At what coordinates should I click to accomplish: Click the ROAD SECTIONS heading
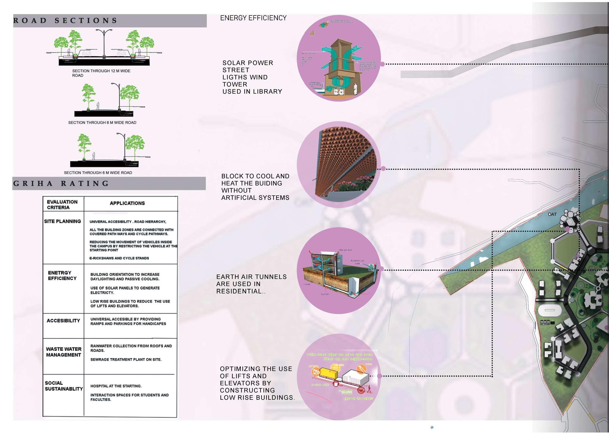pos(65,21)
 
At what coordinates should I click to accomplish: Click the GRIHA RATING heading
pos(61,184)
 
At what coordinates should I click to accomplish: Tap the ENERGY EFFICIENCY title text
pos(253,18)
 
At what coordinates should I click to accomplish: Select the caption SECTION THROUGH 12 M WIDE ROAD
pos(101,73)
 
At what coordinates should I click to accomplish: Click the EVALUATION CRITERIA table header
pos(62,205)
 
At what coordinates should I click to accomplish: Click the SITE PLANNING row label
pos(62,221)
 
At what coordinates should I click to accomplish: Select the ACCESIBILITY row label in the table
pos(63,321)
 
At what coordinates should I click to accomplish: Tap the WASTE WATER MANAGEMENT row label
pos(64,352)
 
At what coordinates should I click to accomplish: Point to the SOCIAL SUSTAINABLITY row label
pos(64,386)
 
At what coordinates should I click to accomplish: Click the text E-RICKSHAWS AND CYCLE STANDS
pos(119,258)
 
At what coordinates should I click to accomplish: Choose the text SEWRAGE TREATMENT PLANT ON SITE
pos(126,360)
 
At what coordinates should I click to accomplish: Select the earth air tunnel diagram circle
pos(339,270)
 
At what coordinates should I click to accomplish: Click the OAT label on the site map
pos(552,214)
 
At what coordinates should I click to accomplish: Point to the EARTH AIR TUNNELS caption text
pos(251,284)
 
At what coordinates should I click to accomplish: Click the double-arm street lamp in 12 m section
pos(104,43)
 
